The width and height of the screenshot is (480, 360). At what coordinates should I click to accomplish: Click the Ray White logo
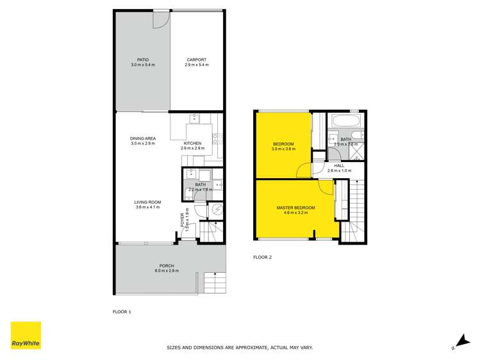26,335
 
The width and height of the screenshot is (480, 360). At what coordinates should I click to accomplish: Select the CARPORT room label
196,60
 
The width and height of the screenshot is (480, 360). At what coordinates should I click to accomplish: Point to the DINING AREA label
143,138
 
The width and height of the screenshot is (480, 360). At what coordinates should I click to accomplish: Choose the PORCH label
166,266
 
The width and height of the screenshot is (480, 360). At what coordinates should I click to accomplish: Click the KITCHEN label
192,143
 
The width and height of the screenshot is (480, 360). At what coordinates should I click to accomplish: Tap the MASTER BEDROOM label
295,208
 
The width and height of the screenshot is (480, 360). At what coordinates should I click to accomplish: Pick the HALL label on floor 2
339,165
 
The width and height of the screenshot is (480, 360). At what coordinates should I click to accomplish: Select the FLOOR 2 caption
263,258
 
